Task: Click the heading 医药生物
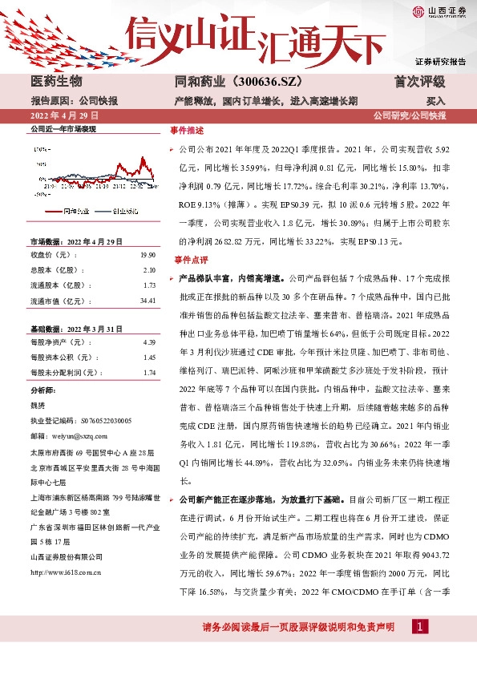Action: [55, 82]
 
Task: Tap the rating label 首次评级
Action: [420, 82]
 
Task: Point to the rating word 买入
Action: [435, 102]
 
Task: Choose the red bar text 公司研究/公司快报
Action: [410, 117]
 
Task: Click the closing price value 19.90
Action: [148, 255]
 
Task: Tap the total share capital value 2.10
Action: [149, 270]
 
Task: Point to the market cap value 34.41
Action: [147, 301]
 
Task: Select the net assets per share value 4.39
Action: [149, 342]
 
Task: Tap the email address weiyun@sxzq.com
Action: [73, 436]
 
